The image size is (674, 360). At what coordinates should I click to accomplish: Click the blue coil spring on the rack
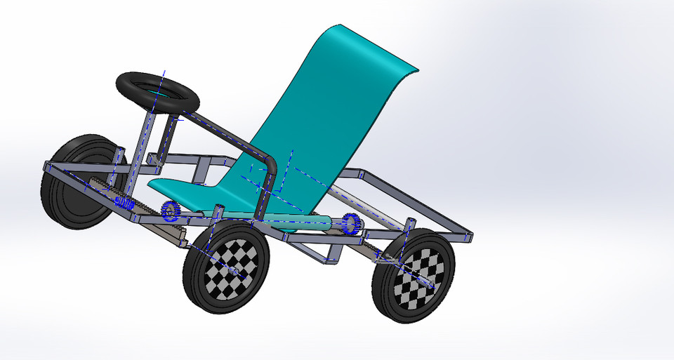pos(124,204)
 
